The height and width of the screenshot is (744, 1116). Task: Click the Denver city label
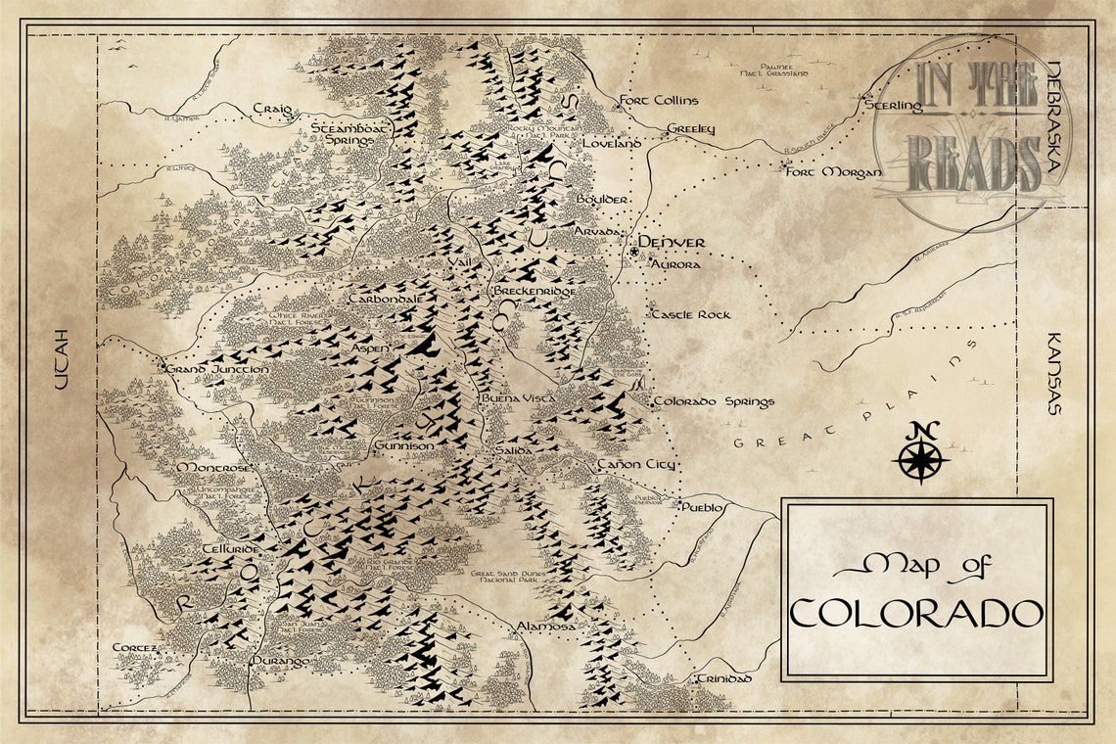pyautogui.click(x=672, y=242)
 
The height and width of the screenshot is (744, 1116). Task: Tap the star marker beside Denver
pyautogui.click(x=634, y=252)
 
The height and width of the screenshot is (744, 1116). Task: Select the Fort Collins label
pyautogui.click(x=660, y=100)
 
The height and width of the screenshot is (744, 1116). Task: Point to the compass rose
pyautogui.click(x=920, y=454)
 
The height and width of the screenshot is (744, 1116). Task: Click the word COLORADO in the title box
pyautogui.click(x=915, y=613)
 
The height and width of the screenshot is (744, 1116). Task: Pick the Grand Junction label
pyautogui.click(x=216, y=369)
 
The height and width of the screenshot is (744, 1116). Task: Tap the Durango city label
pyautogui.click(x=280, y=662)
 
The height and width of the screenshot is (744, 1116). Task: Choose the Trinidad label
pyautogui.click(x=723, y=678)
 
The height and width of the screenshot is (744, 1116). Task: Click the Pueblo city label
pyautogui.click(x=702, y=507)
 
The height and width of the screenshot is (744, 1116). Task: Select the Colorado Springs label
pyautogui.click(x=714, y=401)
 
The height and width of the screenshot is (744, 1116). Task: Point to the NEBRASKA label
pyautogui.click(x=1054, y=117)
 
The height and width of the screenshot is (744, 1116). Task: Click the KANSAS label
pyautogui.click(x=1054, y=372)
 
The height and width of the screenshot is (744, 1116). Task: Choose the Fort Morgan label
pyautogui.click(x=833, y=172)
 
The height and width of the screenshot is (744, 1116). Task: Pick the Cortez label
pyautogui.click(x=135, y=648)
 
